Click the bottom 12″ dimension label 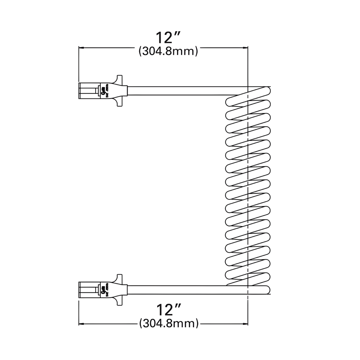click(x=168, y=310)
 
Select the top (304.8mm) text click(x=168, y=51)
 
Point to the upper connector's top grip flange click(x=119, y=79)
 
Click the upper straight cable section click(x=176, y=91)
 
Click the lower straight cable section click(x=176, y=290)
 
